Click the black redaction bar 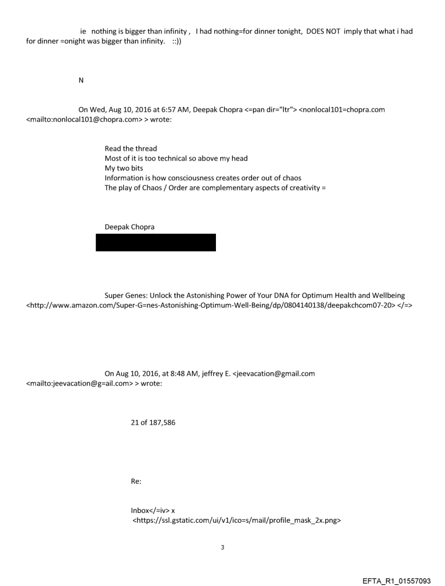click(x=155, y=242)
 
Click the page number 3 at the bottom click(x=222, y=547)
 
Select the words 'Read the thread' click(x=130, y=149)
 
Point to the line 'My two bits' click(x=124, y=168)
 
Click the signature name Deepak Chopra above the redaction click(x=129, y=227)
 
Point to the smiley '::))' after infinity click(x=177, y=41)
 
